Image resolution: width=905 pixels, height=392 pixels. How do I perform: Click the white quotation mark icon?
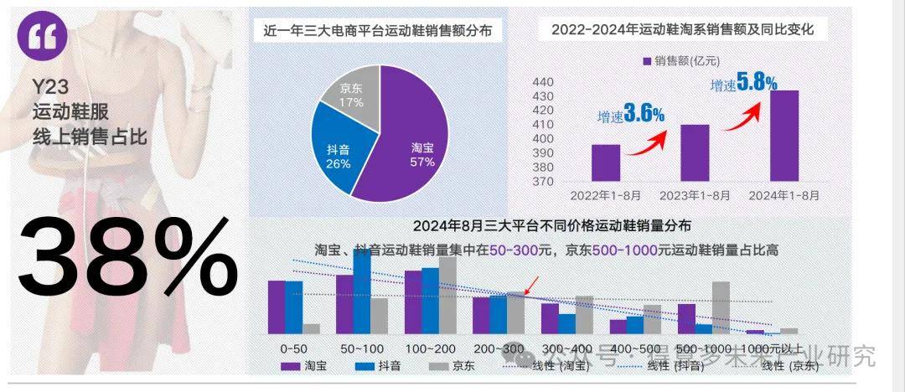point(48,38)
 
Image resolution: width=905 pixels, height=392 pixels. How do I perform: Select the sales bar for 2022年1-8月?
point(606,162)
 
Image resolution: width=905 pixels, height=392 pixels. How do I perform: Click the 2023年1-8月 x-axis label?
point(695,195)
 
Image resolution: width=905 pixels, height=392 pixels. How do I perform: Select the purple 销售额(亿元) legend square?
point(646,60)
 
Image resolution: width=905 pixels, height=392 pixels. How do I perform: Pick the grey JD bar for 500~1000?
point(721,307)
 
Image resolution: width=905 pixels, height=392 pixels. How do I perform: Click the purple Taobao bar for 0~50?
point(277,307)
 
